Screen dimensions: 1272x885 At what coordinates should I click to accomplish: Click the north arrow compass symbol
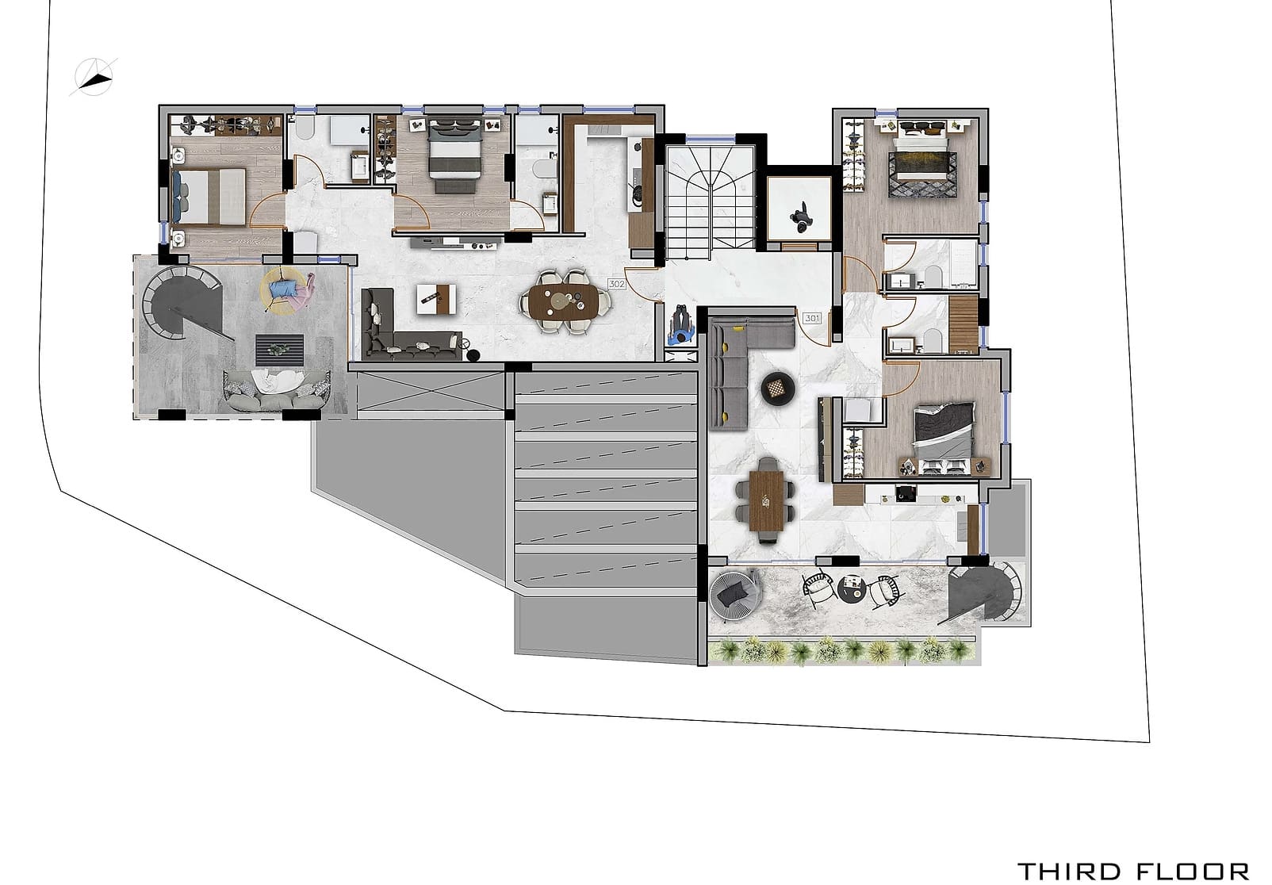point(94,78)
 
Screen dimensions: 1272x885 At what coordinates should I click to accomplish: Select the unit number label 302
point(616,283)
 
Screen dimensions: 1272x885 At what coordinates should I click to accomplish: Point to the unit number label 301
point(812,318)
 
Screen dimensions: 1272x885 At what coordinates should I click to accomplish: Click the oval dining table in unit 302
point(565,301)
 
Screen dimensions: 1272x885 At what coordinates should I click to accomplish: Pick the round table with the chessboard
point(779,389)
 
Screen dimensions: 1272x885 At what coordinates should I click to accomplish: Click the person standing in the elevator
point(801,216)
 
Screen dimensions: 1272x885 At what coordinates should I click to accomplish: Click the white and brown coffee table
point(436,299)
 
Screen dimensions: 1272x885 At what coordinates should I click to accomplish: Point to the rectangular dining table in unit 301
point(766,501)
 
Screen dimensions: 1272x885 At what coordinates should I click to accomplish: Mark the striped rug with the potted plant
point(279,351)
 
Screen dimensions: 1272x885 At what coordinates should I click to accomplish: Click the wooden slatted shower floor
point(963,325)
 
